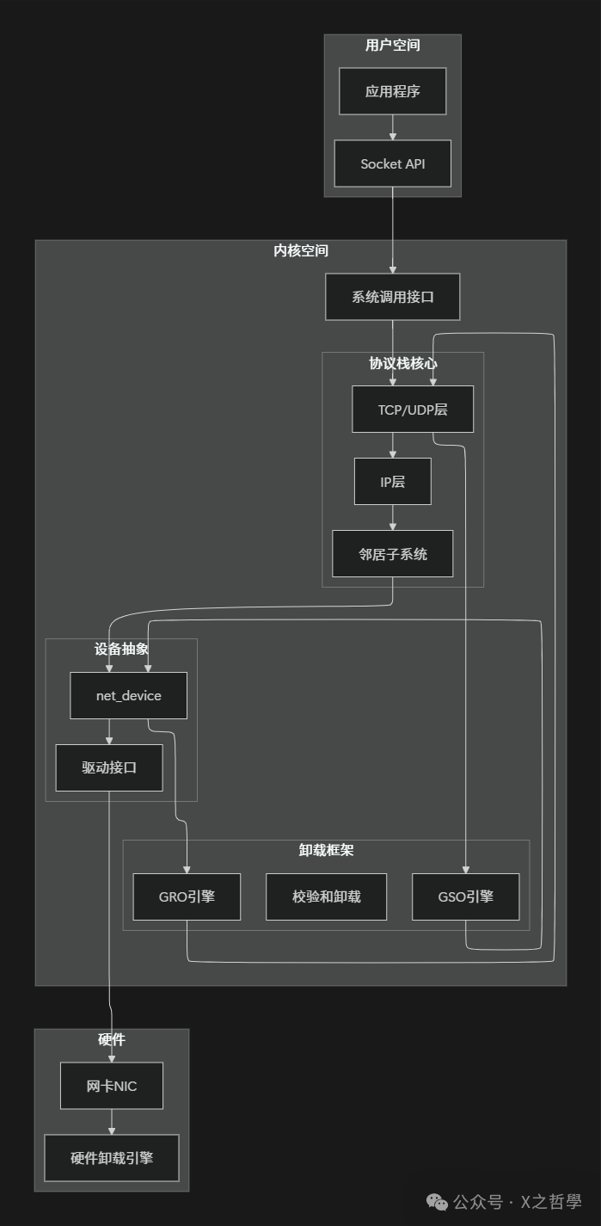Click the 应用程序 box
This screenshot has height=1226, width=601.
(393, 91)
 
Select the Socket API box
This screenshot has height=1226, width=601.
(393, 163)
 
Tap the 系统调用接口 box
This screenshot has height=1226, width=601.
(393, 297)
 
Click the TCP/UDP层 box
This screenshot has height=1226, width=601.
(413, 410)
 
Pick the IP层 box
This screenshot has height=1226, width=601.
(393, 482)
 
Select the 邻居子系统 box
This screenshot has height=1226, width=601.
(393, 554)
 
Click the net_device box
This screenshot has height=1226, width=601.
(129, 695)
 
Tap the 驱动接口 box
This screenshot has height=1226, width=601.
(109, 767)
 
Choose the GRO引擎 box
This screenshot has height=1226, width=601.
(187, 896)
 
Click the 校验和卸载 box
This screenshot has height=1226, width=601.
(327, 896)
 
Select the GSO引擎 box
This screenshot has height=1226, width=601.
(466, 896)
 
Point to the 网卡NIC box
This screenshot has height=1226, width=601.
(112, 1086)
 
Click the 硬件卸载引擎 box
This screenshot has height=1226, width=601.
(112, 1158)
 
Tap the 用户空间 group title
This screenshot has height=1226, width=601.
(393, 46)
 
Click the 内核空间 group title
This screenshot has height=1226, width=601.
(301, 251)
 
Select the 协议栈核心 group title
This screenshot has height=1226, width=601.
(403, 363)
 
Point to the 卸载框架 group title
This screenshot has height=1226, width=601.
(327, 850)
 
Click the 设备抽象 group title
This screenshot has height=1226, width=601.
(121, 650)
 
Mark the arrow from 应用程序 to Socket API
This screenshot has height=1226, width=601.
(393, 127)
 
